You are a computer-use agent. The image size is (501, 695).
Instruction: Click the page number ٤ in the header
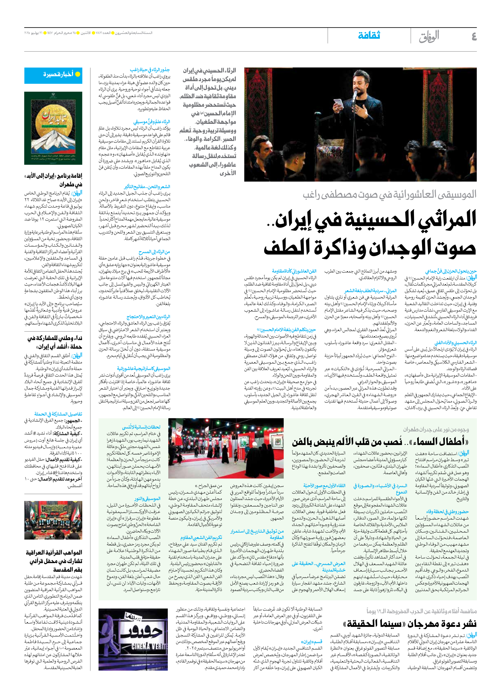click(473, 36)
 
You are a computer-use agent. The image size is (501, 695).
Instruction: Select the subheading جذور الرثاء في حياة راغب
click(150, 70)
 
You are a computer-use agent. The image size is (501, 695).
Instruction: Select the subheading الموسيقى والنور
click(147, 499)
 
